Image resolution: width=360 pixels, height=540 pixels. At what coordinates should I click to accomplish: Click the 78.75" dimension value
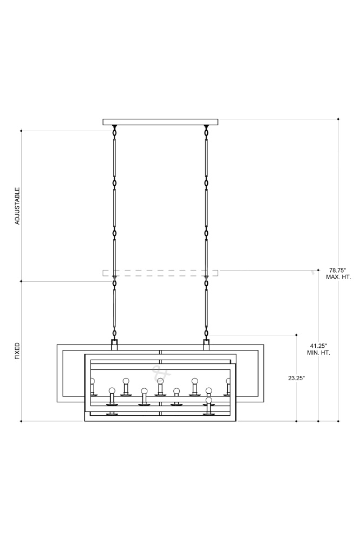pos(338,271)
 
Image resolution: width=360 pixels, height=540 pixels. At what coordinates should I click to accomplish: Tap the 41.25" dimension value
pos(318,346)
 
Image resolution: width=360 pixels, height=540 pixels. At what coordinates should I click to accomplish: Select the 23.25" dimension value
pos(297,378)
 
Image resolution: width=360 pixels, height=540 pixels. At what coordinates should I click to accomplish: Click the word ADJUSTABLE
pos(17,206)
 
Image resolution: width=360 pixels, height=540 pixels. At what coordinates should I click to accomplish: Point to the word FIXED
pos(17,351)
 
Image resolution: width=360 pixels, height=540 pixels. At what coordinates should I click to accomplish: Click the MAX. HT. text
pos(338,277)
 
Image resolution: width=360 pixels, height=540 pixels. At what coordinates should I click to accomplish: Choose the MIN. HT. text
pos(318,353)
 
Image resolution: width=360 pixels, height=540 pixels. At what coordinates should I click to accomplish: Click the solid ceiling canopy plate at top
pos(160,122)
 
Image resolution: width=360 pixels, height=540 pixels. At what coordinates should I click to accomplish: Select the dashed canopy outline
pos(160,273)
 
